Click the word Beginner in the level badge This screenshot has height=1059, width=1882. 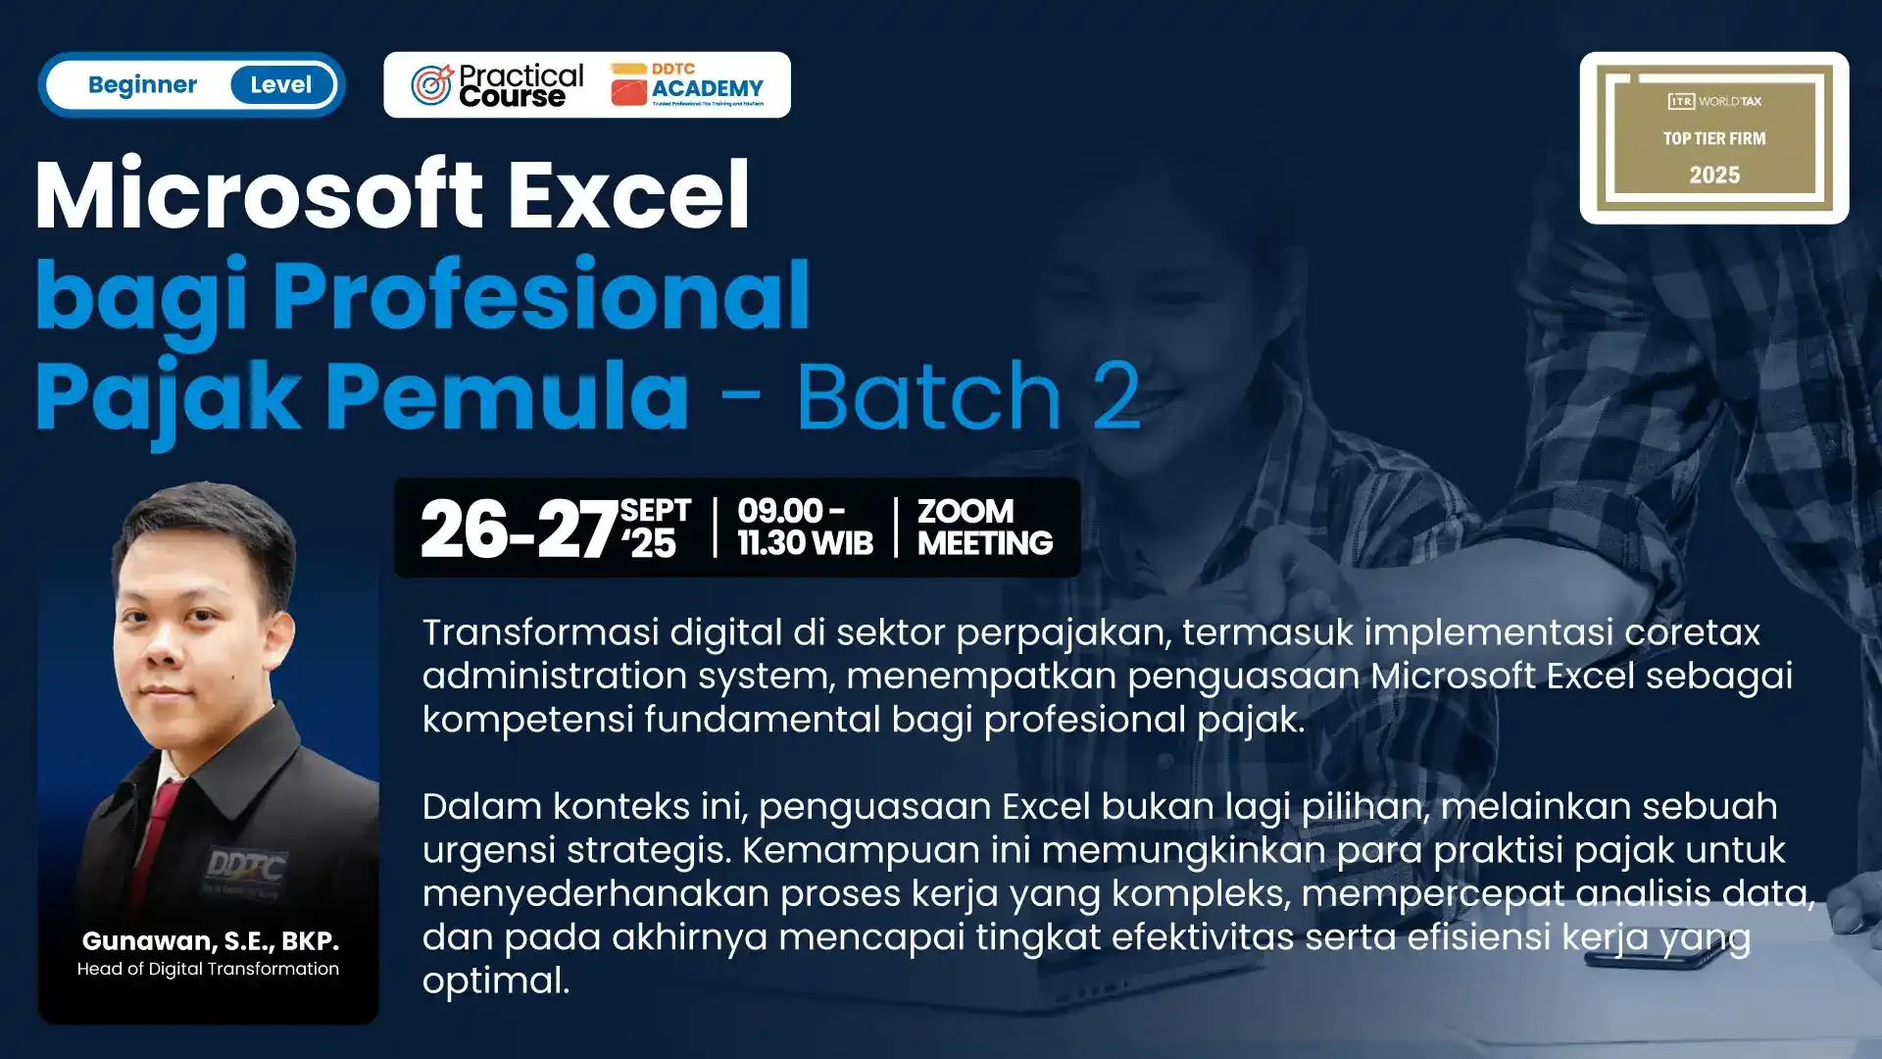point(142,85)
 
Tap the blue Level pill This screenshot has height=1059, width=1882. point(281,85)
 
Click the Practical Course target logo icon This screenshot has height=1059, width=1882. point(431,85)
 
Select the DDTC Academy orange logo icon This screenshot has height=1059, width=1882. point(628,87)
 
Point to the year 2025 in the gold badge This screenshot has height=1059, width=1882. point(1714,176)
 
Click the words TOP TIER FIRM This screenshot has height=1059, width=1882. point(1714,138)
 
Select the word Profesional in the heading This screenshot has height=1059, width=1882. point(541,295)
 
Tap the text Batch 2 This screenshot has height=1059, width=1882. point(968,396)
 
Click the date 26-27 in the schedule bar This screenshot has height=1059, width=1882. point(518,529)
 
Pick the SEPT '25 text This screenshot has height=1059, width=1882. point(655,528)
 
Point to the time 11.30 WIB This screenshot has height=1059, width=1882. point(805,543)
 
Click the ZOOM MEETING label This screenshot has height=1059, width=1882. point(984,528)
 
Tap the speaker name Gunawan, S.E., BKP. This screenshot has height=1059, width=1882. point(210,941)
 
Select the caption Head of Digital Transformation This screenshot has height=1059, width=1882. point(208,969)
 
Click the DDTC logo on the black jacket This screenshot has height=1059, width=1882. point(245,868)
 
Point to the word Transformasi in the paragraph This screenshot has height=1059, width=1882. point(540,632)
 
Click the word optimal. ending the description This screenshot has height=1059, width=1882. point(496,981)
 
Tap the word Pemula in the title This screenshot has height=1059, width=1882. point(507,396)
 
